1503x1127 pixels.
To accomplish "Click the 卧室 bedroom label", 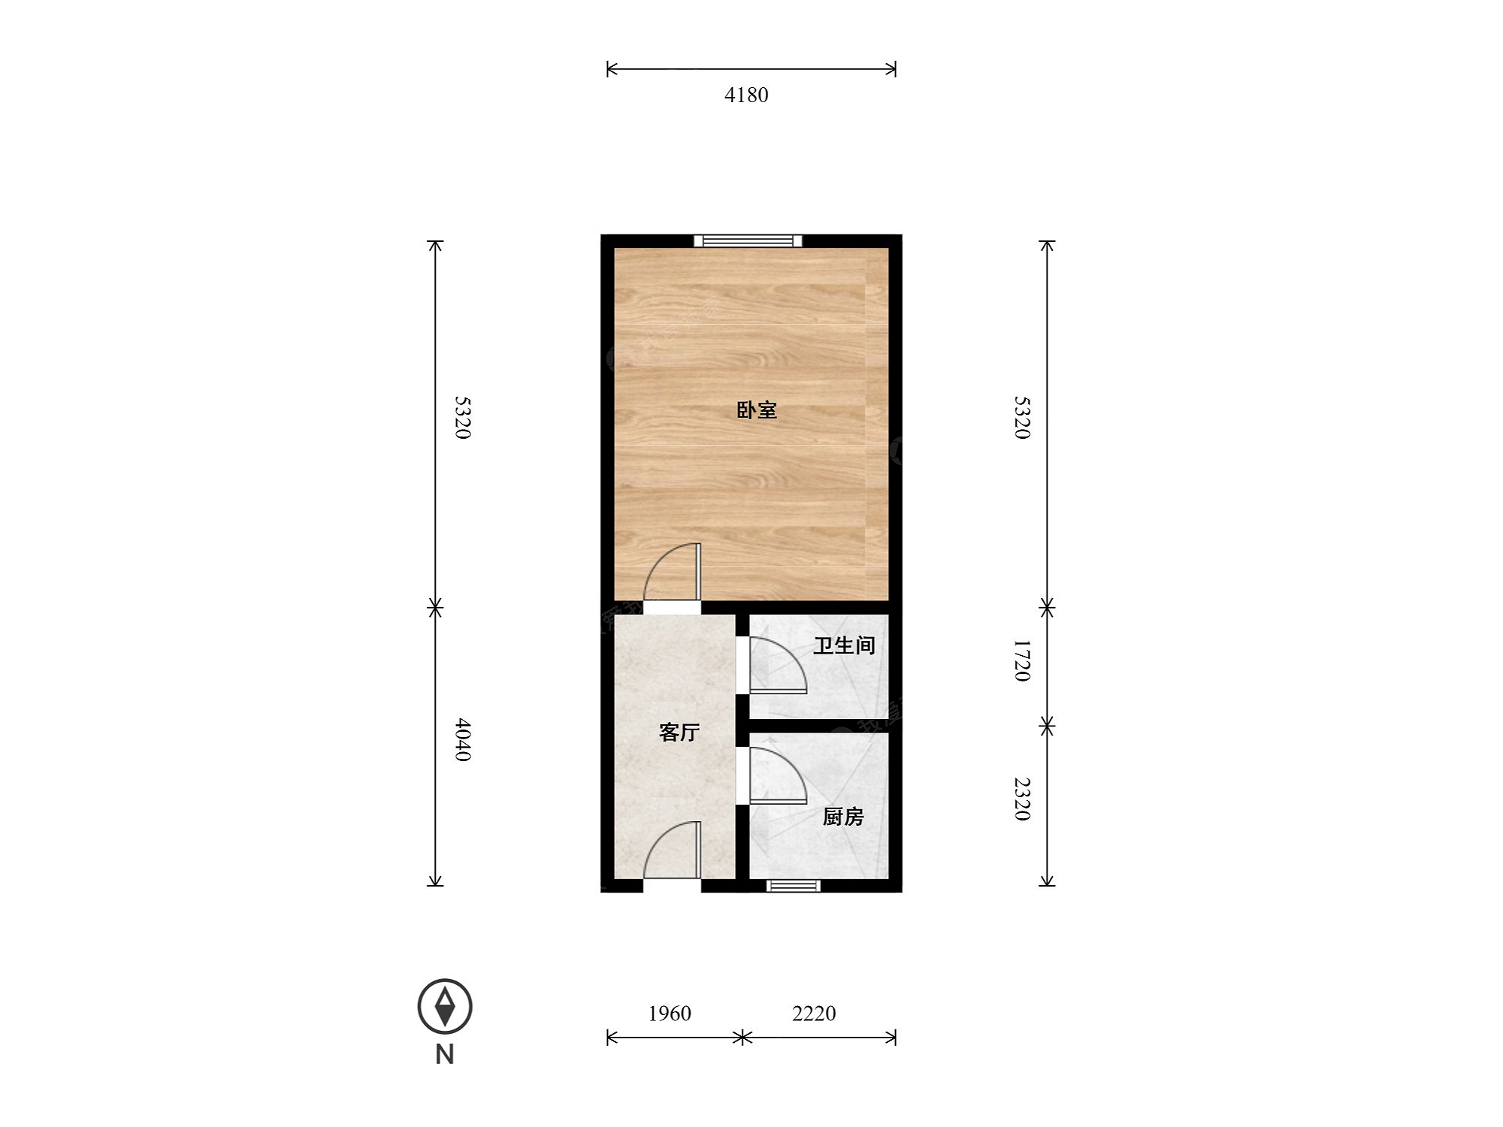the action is [756, 410].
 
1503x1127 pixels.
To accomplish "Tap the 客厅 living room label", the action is [679, 732].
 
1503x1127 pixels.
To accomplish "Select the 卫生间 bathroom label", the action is [844, 645].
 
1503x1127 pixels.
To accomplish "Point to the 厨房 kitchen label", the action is [843, 817].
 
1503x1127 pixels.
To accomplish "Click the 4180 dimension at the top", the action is [746, 95].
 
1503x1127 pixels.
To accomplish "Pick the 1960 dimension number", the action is [670, 1014].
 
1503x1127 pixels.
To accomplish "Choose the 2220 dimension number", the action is [814, 1014].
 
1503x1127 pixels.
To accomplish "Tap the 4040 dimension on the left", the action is [463, 740].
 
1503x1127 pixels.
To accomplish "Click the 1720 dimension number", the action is [1022, 660].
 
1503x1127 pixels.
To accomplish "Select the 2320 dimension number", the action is [1022, 799].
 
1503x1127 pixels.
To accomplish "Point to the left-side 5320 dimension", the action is [463, 418].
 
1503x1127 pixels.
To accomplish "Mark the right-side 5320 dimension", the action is [1022, 418].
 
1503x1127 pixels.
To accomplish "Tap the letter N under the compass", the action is [445, 1055].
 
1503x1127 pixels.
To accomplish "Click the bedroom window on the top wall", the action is [748, 241].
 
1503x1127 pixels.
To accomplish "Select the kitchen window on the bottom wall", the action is [794, 886].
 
